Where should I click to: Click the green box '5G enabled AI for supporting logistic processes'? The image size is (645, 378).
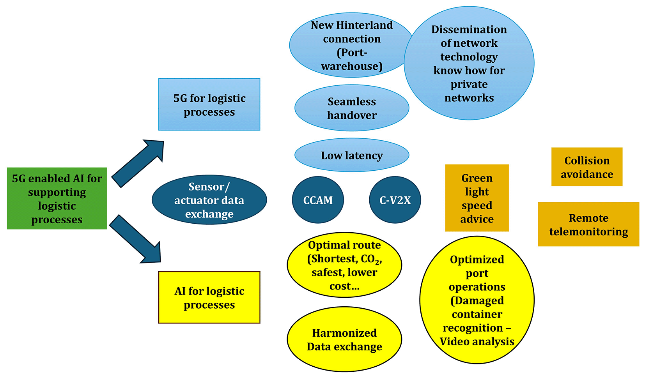pyautogui.click(x=57, y=198)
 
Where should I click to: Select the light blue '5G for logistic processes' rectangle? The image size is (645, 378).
pyautogui.click(x=209, y=104)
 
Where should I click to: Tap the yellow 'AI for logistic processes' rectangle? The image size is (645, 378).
pyautogui.click(x=209, y=297)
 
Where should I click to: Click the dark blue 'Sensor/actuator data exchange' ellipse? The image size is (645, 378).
pyautogui.click(x=209, y=200)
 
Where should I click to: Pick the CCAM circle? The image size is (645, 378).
pyautogui.click(x=318, y=200)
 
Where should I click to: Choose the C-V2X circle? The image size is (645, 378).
pyautogui.click(x=395, y=200)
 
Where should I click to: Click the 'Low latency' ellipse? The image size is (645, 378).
pyautogui.click(x=352, y=155)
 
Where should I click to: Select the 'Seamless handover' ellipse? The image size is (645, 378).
pyautogui.click(x=352, y=108)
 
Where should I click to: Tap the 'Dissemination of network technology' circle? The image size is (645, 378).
pyautogui.click(x=469, y=63)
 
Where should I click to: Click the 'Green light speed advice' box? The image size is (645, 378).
pyautogui.click(x=477, y=198)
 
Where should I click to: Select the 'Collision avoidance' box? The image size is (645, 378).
pyautogui.click(x=587, y=167)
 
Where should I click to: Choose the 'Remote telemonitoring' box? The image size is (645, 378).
pyautogui.click(x=588, y=224)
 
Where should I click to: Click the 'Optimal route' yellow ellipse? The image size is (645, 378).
pyautogui.click(x=344, y=265)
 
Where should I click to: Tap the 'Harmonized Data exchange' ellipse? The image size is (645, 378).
pyautogui.click(x=344, y=339)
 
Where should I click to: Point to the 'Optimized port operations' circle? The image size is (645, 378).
pyautogui.click(x=477, y=300)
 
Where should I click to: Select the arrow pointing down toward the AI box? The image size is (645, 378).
pyautogui.click(x=135, y=239)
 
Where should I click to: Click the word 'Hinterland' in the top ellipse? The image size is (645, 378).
pyautogui.click(x=364, y=25)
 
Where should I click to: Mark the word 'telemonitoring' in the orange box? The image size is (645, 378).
pyautogui.click(x=588, y=231)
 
